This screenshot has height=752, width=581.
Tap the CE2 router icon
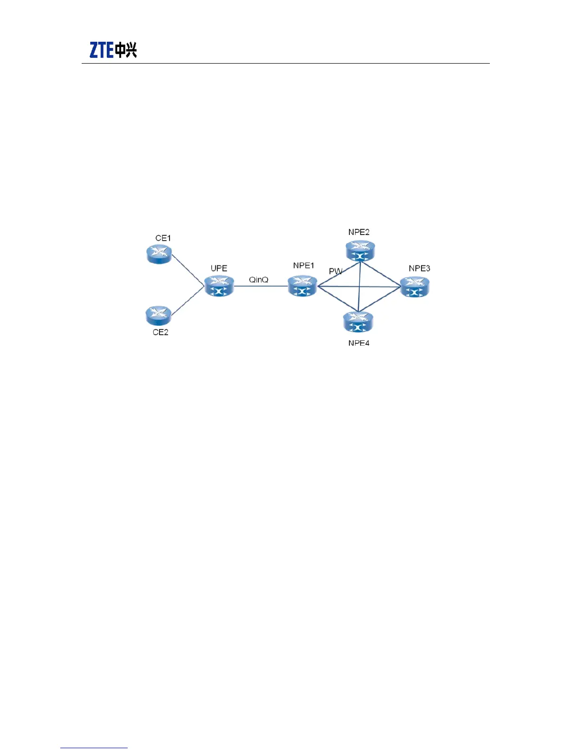[159, 315]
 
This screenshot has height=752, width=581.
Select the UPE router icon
[219, 286]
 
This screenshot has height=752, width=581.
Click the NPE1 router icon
[302, 286]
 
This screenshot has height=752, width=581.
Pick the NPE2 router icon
[360, 250]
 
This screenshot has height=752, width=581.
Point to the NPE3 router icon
[414, 287]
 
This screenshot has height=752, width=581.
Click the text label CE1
[163, 238]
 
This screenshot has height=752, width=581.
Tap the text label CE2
[160, 332]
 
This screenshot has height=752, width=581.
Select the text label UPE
[219, 268]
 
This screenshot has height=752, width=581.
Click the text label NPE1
[303, 266]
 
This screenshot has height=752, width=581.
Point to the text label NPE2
[359, 232]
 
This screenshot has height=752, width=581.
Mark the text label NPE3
[419, 268]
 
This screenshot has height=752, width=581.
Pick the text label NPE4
[359, 343]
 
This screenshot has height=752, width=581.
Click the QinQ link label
[259, 280]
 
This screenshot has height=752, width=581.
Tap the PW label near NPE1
[335, 272]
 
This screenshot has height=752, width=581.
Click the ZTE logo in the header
[113, 50]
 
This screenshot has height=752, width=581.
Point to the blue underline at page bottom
[94, 748]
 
